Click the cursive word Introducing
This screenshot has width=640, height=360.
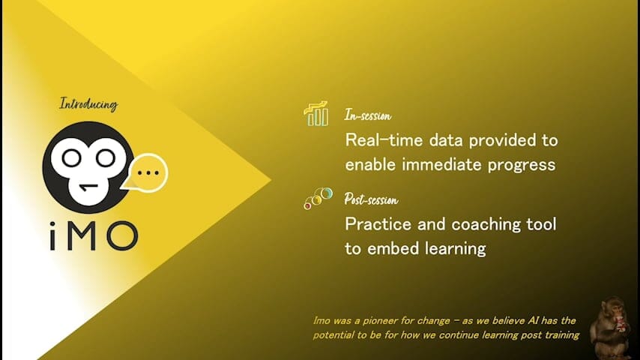point(88,103)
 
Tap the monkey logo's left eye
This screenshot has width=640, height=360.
point(71,158)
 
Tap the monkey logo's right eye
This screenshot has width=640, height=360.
point(106,158)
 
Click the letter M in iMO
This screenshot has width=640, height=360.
point(85,235)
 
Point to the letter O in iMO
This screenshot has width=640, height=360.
point(122,235)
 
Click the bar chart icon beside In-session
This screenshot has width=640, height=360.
point(316,113)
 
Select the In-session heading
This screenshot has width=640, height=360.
point(368,115)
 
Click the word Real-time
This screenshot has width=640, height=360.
point(384,140)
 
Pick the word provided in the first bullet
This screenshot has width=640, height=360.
point(502,140)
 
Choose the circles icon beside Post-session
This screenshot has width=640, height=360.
point(318,198)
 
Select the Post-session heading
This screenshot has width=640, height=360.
point(371,199)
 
